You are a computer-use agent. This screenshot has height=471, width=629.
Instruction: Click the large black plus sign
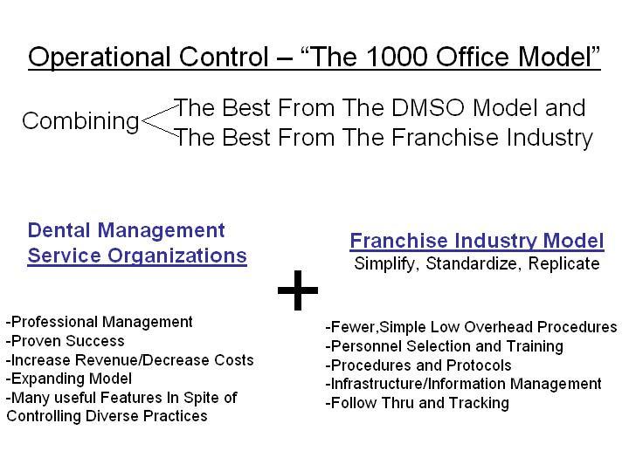click(298, 290)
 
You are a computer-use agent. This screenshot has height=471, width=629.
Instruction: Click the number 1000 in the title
click(397, 57)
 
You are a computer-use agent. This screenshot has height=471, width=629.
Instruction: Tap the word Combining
click(80, 122)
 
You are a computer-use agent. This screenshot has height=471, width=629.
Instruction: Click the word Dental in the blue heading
click(59, 230)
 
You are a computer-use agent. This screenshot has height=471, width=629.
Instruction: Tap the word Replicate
click(563, 263)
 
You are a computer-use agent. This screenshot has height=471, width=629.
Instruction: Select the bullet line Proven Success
click(66, 341)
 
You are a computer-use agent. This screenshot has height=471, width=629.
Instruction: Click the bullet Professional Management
click(100, 322)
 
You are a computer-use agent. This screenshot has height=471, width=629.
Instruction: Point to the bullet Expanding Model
click(69, 379)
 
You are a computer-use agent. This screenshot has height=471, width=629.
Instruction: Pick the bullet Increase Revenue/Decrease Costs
click(130, 359)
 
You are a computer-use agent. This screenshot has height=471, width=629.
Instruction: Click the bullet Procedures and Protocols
click(418, 365)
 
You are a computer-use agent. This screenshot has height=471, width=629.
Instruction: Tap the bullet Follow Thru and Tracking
click(418, 403)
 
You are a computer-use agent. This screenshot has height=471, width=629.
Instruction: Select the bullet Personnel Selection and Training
click(445, 346)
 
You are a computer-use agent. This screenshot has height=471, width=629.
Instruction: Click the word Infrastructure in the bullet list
click(377, 384)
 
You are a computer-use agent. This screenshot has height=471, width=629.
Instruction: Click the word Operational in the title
click(100, 58)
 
